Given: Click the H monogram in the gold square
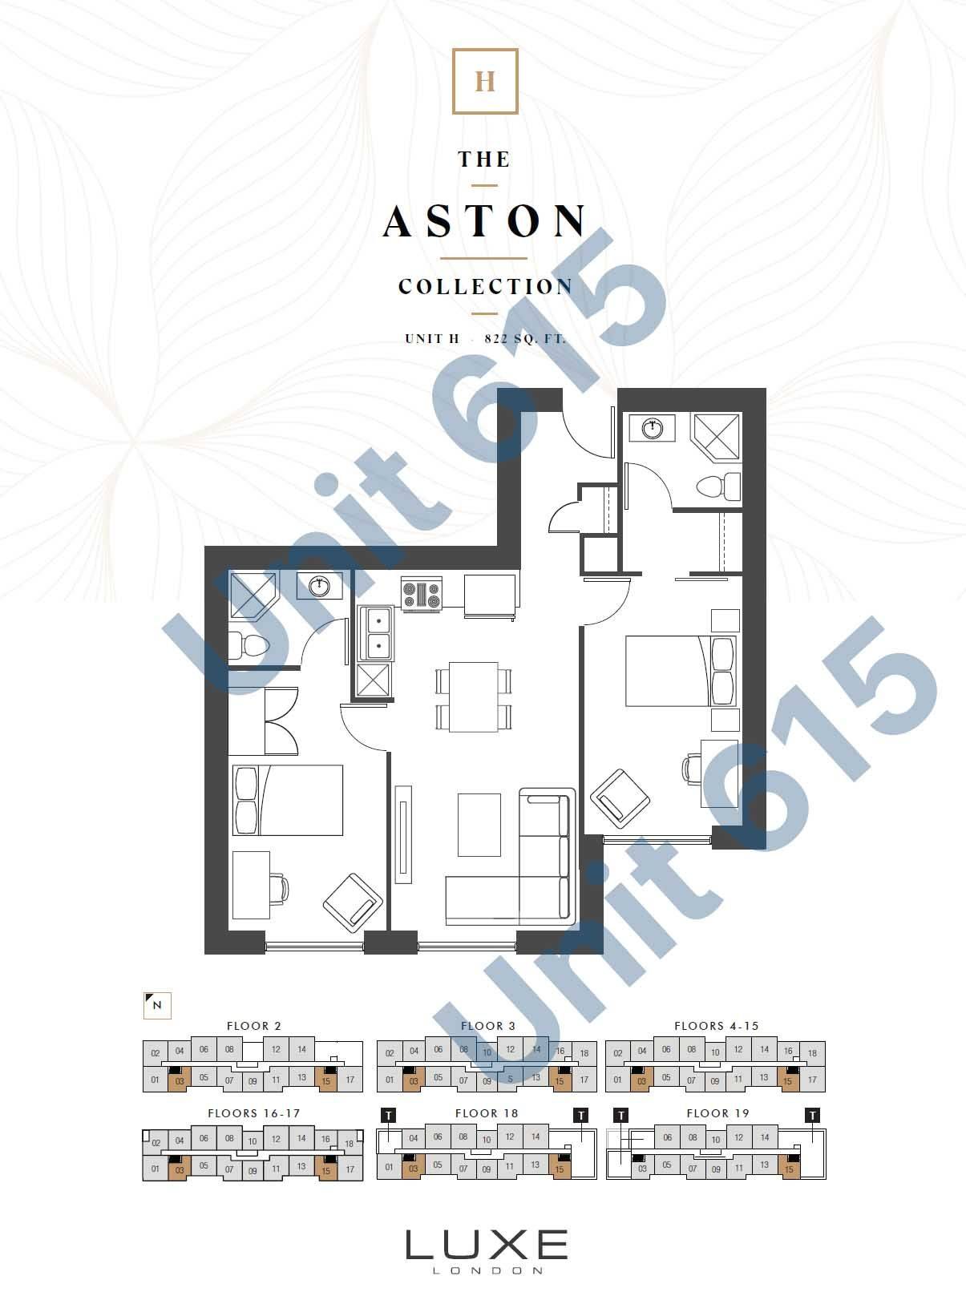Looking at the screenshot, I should click(485, 82).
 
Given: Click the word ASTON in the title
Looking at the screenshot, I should click(485, 220).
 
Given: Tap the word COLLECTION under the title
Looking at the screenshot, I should click(486, 286).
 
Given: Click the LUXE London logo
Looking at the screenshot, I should click(486, 1250).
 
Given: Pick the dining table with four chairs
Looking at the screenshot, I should click(473, 696).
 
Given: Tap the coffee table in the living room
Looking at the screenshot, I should click(479, 825).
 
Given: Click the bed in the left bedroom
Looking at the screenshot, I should click(288, 800).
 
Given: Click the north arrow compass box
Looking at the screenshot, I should click(157, 1005).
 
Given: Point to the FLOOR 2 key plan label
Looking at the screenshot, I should click(254, 1026).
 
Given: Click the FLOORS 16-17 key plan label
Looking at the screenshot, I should click(253, 1113).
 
